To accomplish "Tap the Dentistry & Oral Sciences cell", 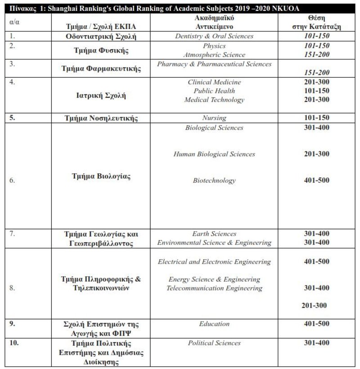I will [x=214, y=36].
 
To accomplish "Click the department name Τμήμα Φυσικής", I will [x=101, y=50].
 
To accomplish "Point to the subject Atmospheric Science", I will [x=214, y=55].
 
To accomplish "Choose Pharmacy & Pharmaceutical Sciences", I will [x=214, y=64].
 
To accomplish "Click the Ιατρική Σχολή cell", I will [x=101, y=95].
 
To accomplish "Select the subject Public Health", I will [x=214, y=91].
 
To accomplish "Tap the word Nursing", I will [x=214, y=118].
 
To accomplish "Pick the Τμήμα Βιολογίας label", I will [x=101, y=176].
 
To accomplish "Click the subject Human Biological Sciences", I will [x=214, y=154].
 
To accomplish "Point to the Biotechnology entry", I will [x=214, y=180].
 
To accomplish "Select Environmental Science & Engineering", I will [x=214, y=243].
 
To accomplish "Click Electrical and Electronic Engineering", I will [x=214, y=261].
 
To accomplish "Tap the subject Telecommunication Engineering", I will [x=214, y=288].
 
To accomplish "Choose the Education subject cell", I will [x=214, y=324].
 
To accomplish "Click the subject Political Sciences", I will [x=214, y=343].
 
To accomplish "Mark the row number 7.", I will [x=12, y=234].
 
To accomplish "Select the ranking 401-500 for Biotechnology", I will [x=316, y=180].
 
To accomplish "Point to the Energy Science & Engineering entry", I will [x=214, y=279].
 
